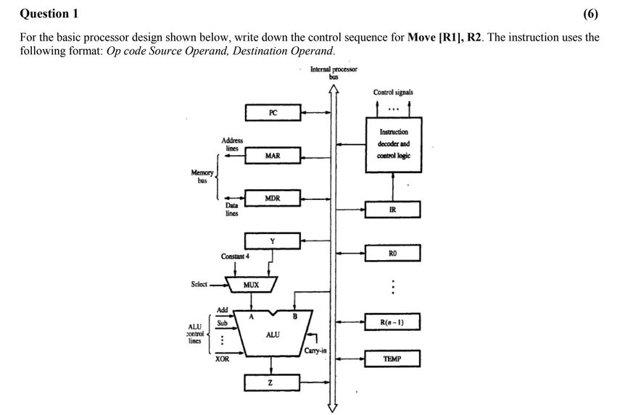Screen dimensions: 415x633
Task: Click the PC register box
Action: (273, 112)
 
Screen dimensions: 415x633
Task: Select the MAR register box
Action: (273, 156)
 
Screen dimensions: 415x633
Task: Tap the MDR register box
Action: (273, 198)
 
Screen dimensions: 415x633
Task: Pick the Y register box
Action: (273, 240)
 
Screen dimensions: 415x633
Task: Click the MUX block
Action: (251, 285)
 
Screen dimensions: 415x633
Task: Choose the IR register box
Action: (392, 210)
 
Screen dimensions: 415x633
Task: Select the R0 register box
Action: (392, 253)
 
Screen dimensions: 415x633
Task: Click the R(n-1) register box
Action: (392, 322)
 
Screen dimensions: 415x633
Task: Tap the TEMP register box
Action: (392, 359)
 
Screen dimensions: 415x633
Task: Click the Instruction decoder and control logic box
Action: (394, 144)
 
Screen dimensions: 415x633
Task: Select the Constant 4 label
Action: (236, 256)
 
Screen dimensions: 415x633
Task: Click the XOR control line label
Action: (222, 359)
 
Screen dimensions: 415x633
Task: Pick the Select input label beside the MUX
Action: (199, 285)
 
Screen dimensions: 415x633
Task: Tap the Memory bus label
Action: (202, 176)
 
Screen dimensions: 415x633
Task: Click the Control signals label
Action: (393, 93)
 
